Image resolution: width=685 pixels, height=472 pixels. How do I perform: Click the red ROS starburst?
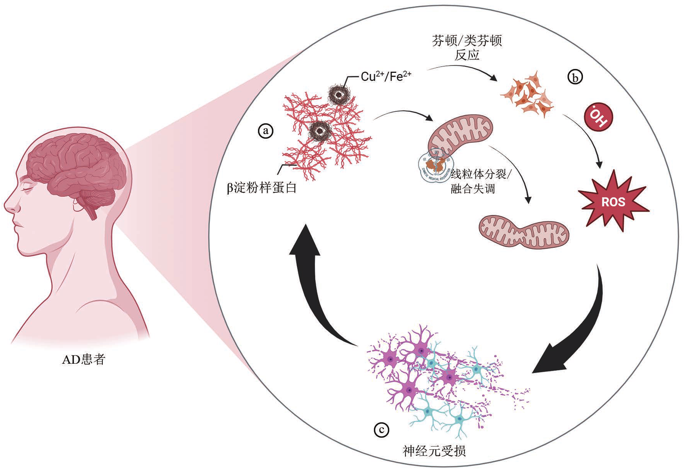pos(613,202)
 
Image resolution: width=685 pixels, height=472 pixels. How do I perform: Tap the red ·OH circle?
pos(598,117)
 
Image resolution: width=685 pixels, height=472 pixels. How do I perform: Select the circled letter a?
pos(265,131)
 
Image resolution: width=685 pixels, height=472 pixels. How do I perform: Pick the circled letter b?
pos(575,77)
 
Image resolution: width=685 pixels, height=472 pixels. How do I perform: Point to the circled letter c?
pos(382,430)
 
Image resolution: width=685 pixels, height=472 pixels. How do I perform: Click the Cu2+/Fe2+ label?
pos(386,76)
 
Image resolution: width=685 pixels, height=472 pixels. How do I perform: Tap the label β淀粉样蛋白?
pos(262,188)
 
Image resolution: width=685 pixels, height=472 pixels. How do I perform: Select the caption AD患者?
pos(84,359)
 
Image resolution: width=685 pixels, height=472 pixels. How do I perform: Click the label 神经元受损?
pos(434,451)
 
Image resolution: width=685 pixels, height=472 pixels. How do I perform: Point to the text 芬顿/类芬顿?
pos(467,40)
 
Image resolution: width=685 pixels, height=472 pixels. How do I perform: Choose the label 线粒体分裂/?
pos(481,174)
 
